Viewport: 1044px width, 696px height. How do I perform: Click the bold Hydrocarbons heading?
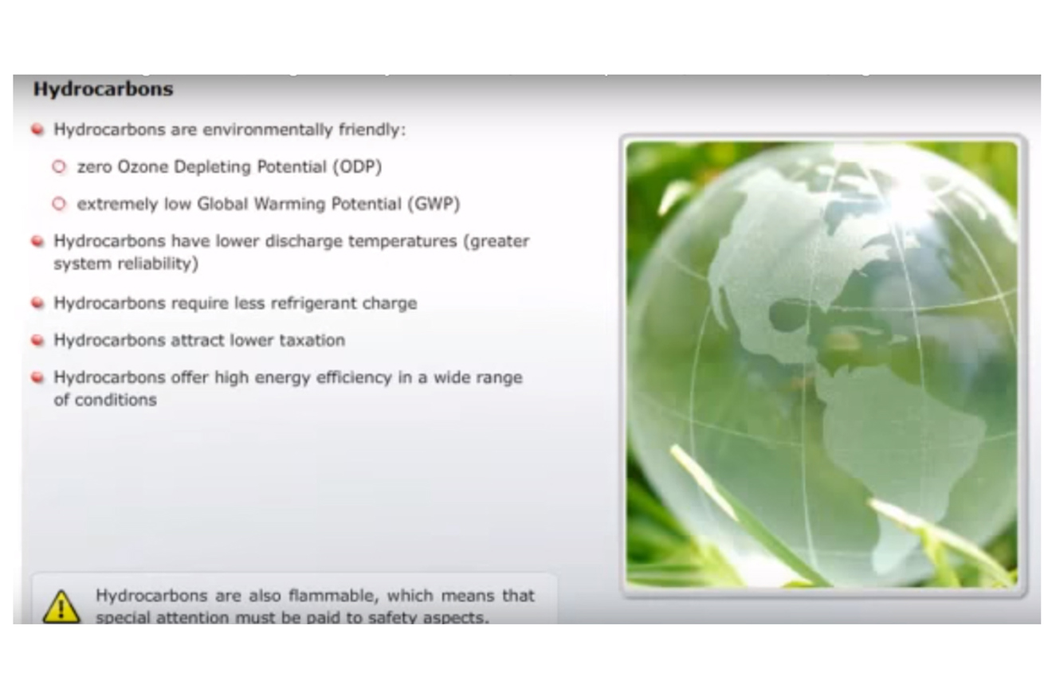103,88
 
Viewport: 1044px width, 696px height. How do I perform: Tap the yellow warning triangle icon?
61,607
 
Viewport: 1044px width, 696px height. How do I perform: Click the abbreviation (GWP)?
434,204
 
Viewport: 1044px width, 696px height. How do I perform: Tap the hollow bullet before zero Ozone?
59,166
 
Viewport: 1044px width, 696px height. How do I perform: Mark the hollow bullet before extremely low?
59,204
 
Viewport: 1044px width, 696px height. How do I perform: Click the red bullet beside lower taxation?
37,340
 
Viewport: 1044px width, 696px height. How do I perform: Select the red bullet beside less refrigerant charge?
37,303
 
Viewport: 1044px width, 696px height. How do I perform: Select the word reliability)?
152,264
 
